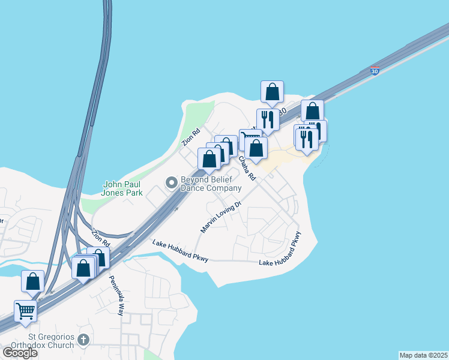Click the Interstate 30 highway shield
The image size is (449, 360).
pyautogui.click(x=375, y=71)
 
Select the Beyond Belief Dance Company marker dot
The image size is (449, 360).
pyautogui.click(x=172, y=182)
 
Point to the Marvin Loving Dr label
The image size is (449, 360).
pyautogui.click(x=220, y=217)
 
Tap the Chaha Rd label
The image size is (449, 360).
pyautogui.click(x=247, y=168)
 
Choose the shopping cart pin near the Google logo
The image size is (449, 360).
pyautogui.click(x=26, y=311)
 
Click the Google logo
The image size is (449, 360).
pyautogui.click(x=20, y=352)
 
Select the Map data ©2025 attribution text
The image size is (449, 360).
pyautogui.click(x=423, y=355)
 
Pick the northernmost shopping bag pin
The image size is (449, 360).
pyautogui.click(x=273, y=92)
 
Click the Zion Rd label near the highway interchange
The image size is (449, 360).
pyautogui.click(x=100, y=238)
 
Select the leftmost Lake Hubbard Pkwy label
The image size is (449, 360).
pyautogui.click(x=180, y=250)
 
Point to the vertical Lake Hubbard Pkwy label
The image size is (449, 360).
pyautogui.click(x=295, y=246)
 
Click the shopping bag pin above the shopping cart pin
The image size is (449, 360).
pyautogui.click(x=32, y=281)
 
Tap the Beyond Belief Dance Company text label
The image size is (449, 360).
pyautogui.click(x=211, y=183)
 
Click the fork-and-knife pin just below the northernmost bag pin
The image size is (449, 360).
pyautogui.click(x=268, y=119)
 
